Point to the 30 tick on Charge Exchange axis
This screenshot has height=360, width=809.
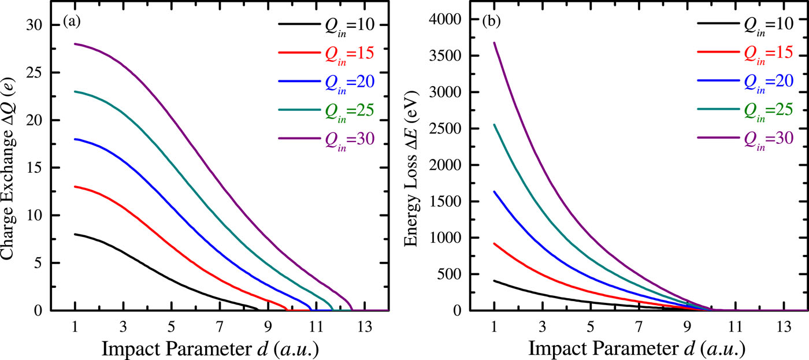point(35,25)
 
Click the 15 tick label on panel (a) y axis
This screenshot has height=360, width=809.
point(35,168)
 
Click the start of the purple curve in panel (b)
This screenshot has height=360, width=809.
point(494,42)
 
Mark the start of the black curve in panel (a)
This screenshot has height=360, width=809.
point(75,234)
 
